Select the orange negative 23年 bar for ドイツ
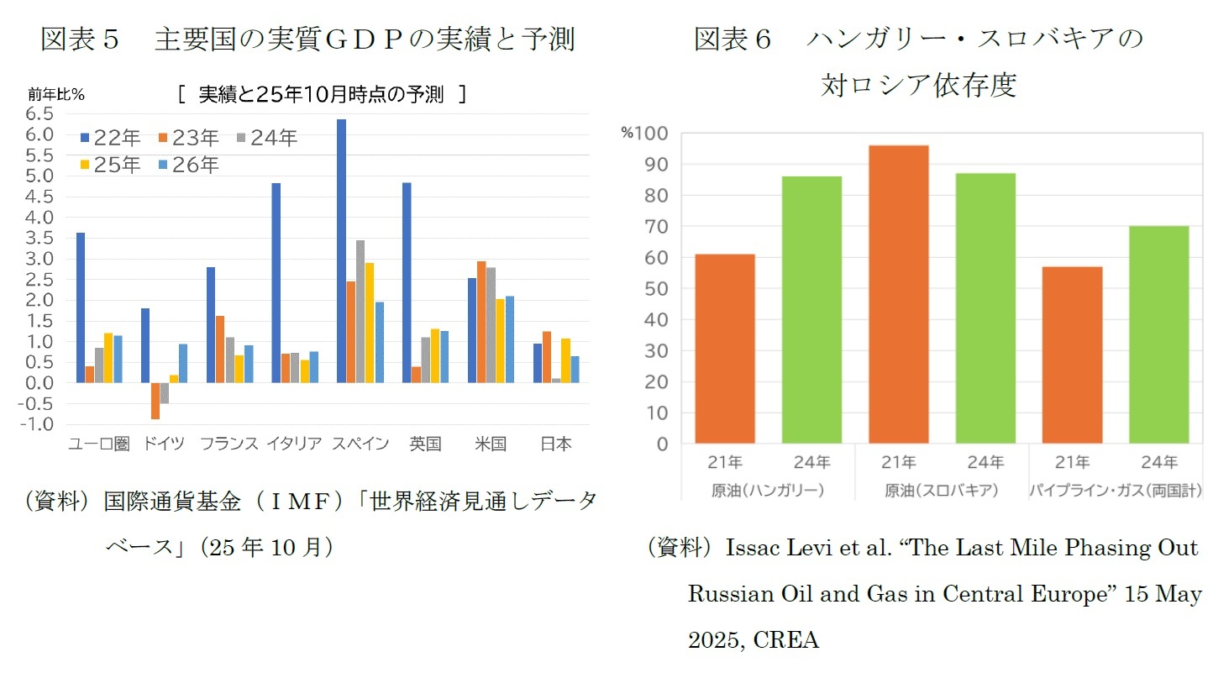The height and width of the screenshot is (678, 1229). [x=155, y=401]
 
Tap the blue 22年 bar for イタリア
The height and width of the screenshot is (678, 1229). [x=276, y=283]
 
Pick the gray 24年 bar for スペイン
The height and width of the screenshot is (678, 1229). [x=360, y=311]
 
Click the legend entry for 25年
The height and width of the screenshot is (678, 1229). [x=110, y=166]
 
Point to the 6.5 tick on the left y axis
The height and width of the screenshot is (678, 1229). [x=41, y=114]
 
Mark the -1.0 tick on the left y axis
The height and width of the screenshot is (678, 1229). [x=39, y=425]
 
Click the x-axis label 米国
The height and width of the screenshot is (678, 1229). [x=491, y=444]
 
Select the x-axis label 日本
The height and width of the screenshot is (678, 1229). [x=555, y=444]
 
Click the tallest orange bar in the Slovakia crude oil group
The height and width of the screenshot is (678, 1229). [x=898, y=294]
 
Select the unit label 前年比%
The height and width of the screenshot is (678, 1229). [x=56, y=94]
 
